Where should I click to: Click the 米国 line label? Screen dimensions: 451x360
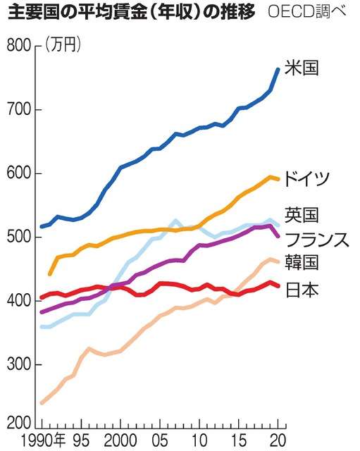(x=302, y=69)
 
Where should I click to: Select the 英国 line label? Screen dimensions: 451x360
(x=302, y=214)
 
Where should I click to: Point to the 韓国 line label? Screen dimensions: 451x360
(x=302, y=263)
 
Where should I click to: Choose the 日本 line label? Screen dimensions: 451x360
(x=302, y=288)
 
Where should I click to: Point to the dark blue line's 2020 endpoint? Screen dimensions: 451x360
(x=278, y=68)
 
